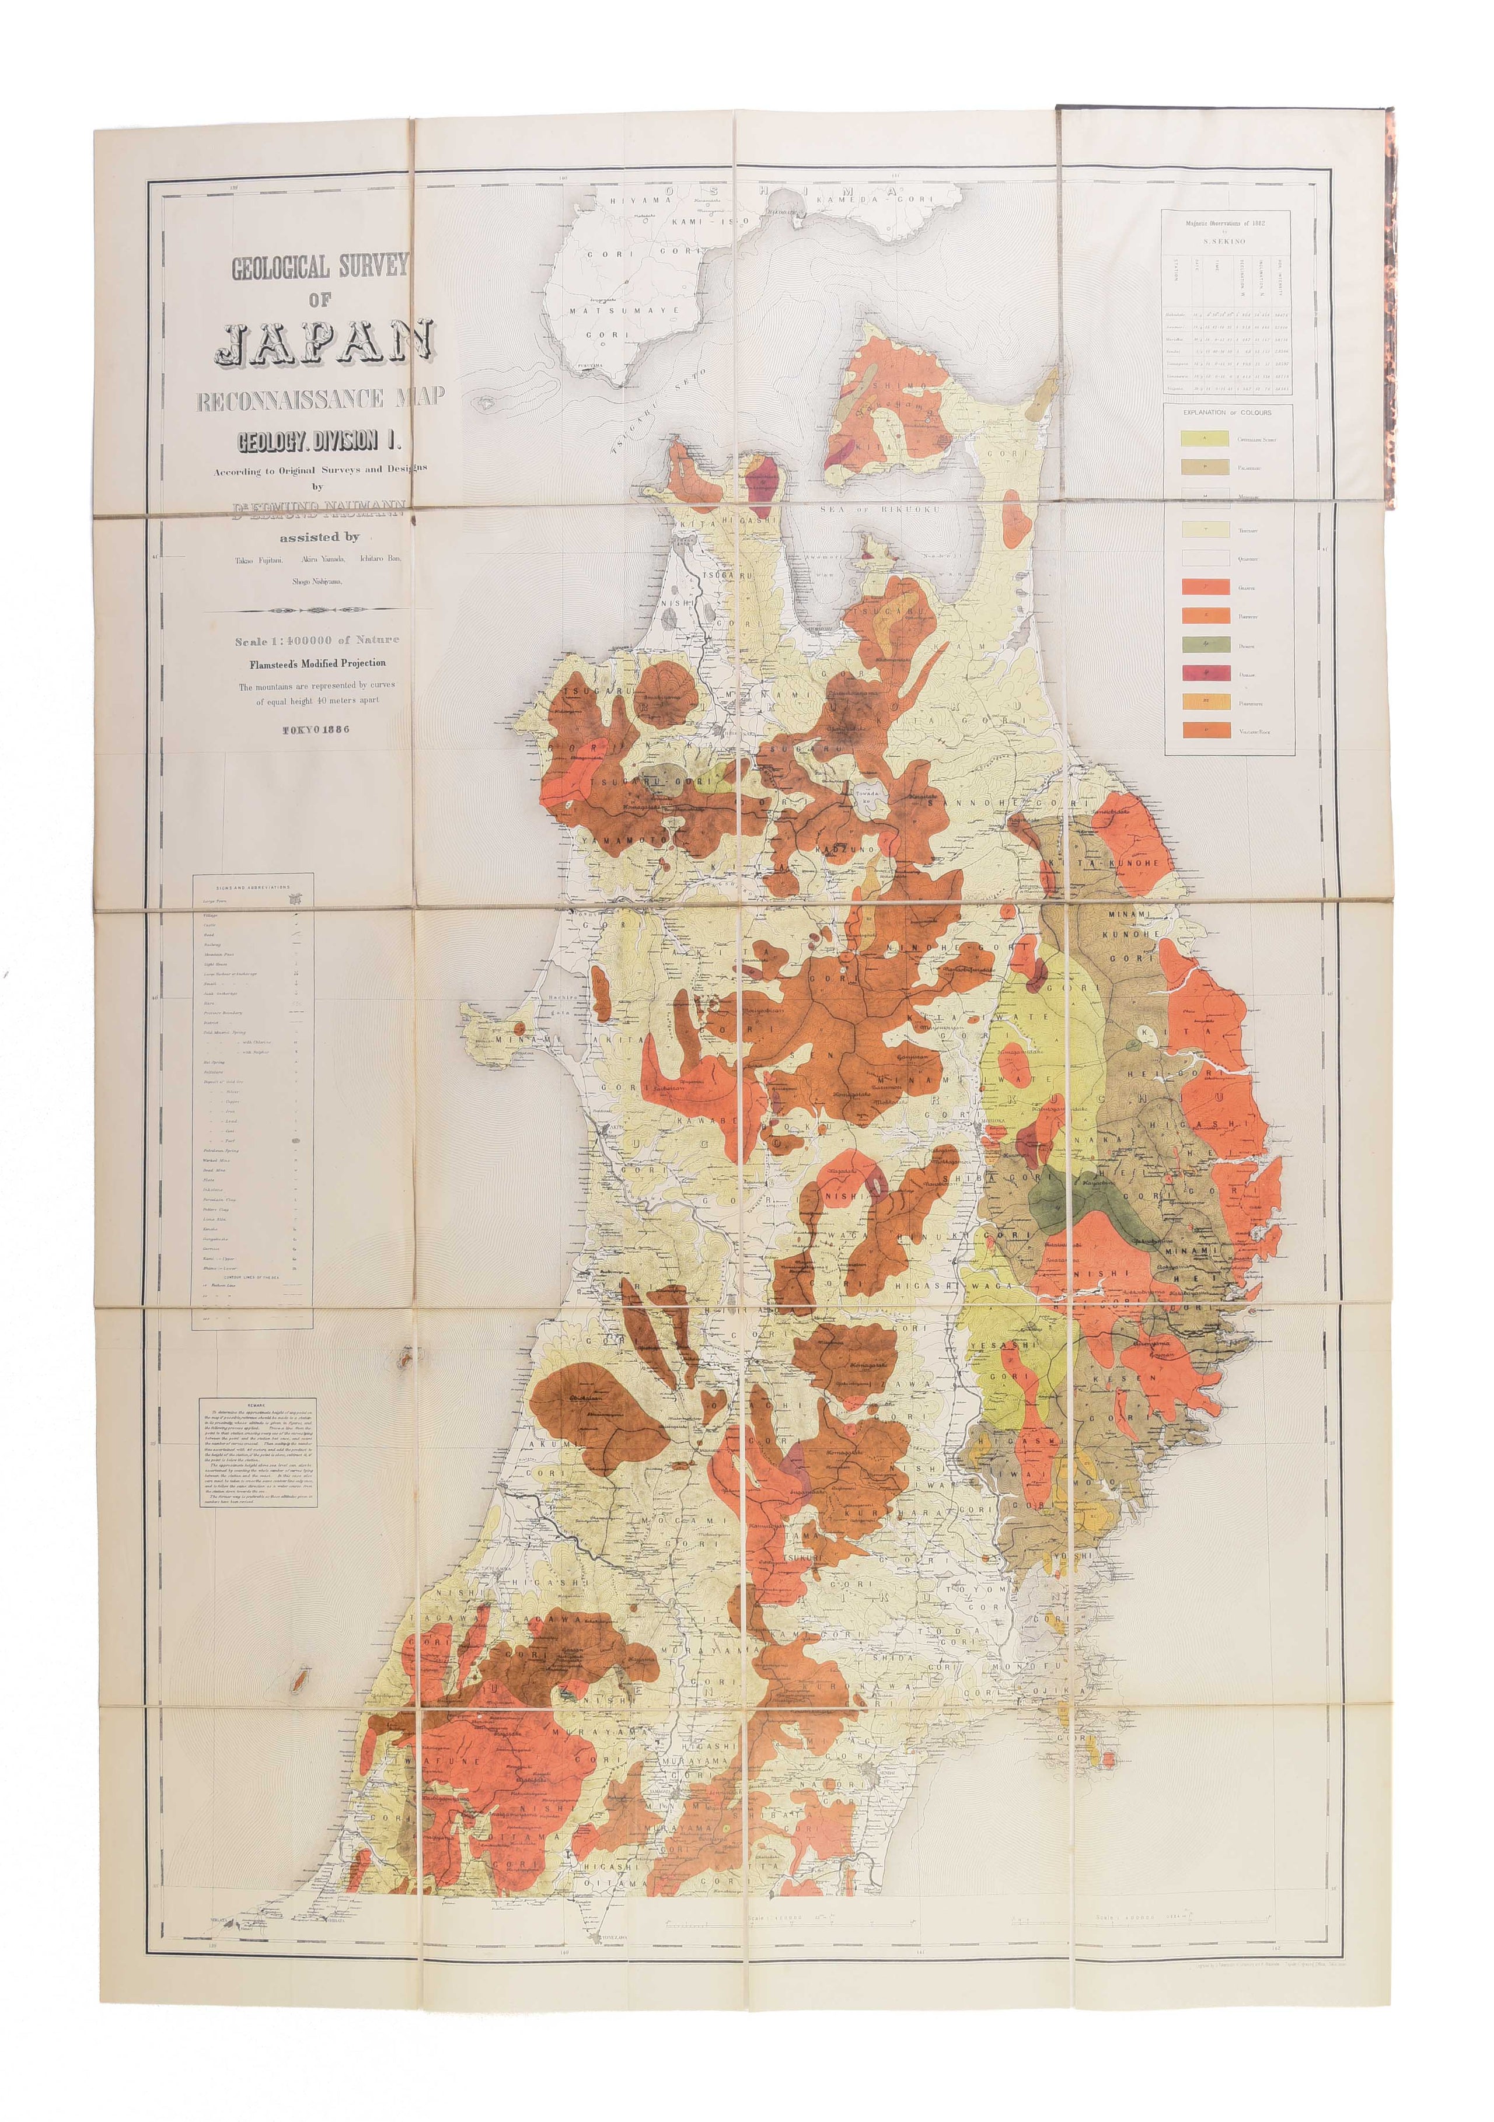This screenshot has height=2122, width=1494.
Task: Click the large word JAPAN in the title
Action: pyautogui.click(x=323, y=343)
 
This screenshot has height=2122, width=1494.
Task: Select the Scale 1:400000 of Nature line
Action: pyautogui.click(x=316, y=639)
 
